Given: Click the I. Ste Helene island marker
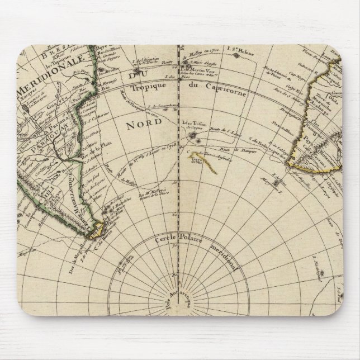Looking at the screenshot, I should click(237, 55).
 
